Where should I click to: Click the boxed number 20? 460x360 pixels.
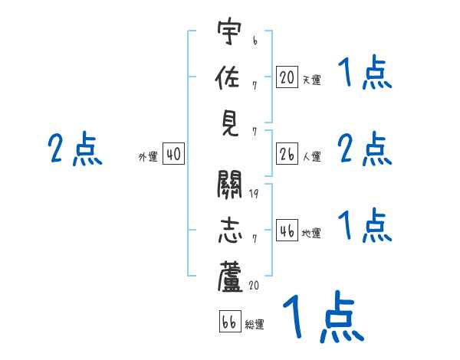tap(287, 77)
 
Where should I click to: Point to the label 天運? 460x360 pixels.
tap(311, 79)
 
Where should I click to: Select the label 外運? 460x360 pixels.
tap(148, 157)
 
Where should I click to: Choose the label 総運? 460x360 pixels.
tap(255, 324)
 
